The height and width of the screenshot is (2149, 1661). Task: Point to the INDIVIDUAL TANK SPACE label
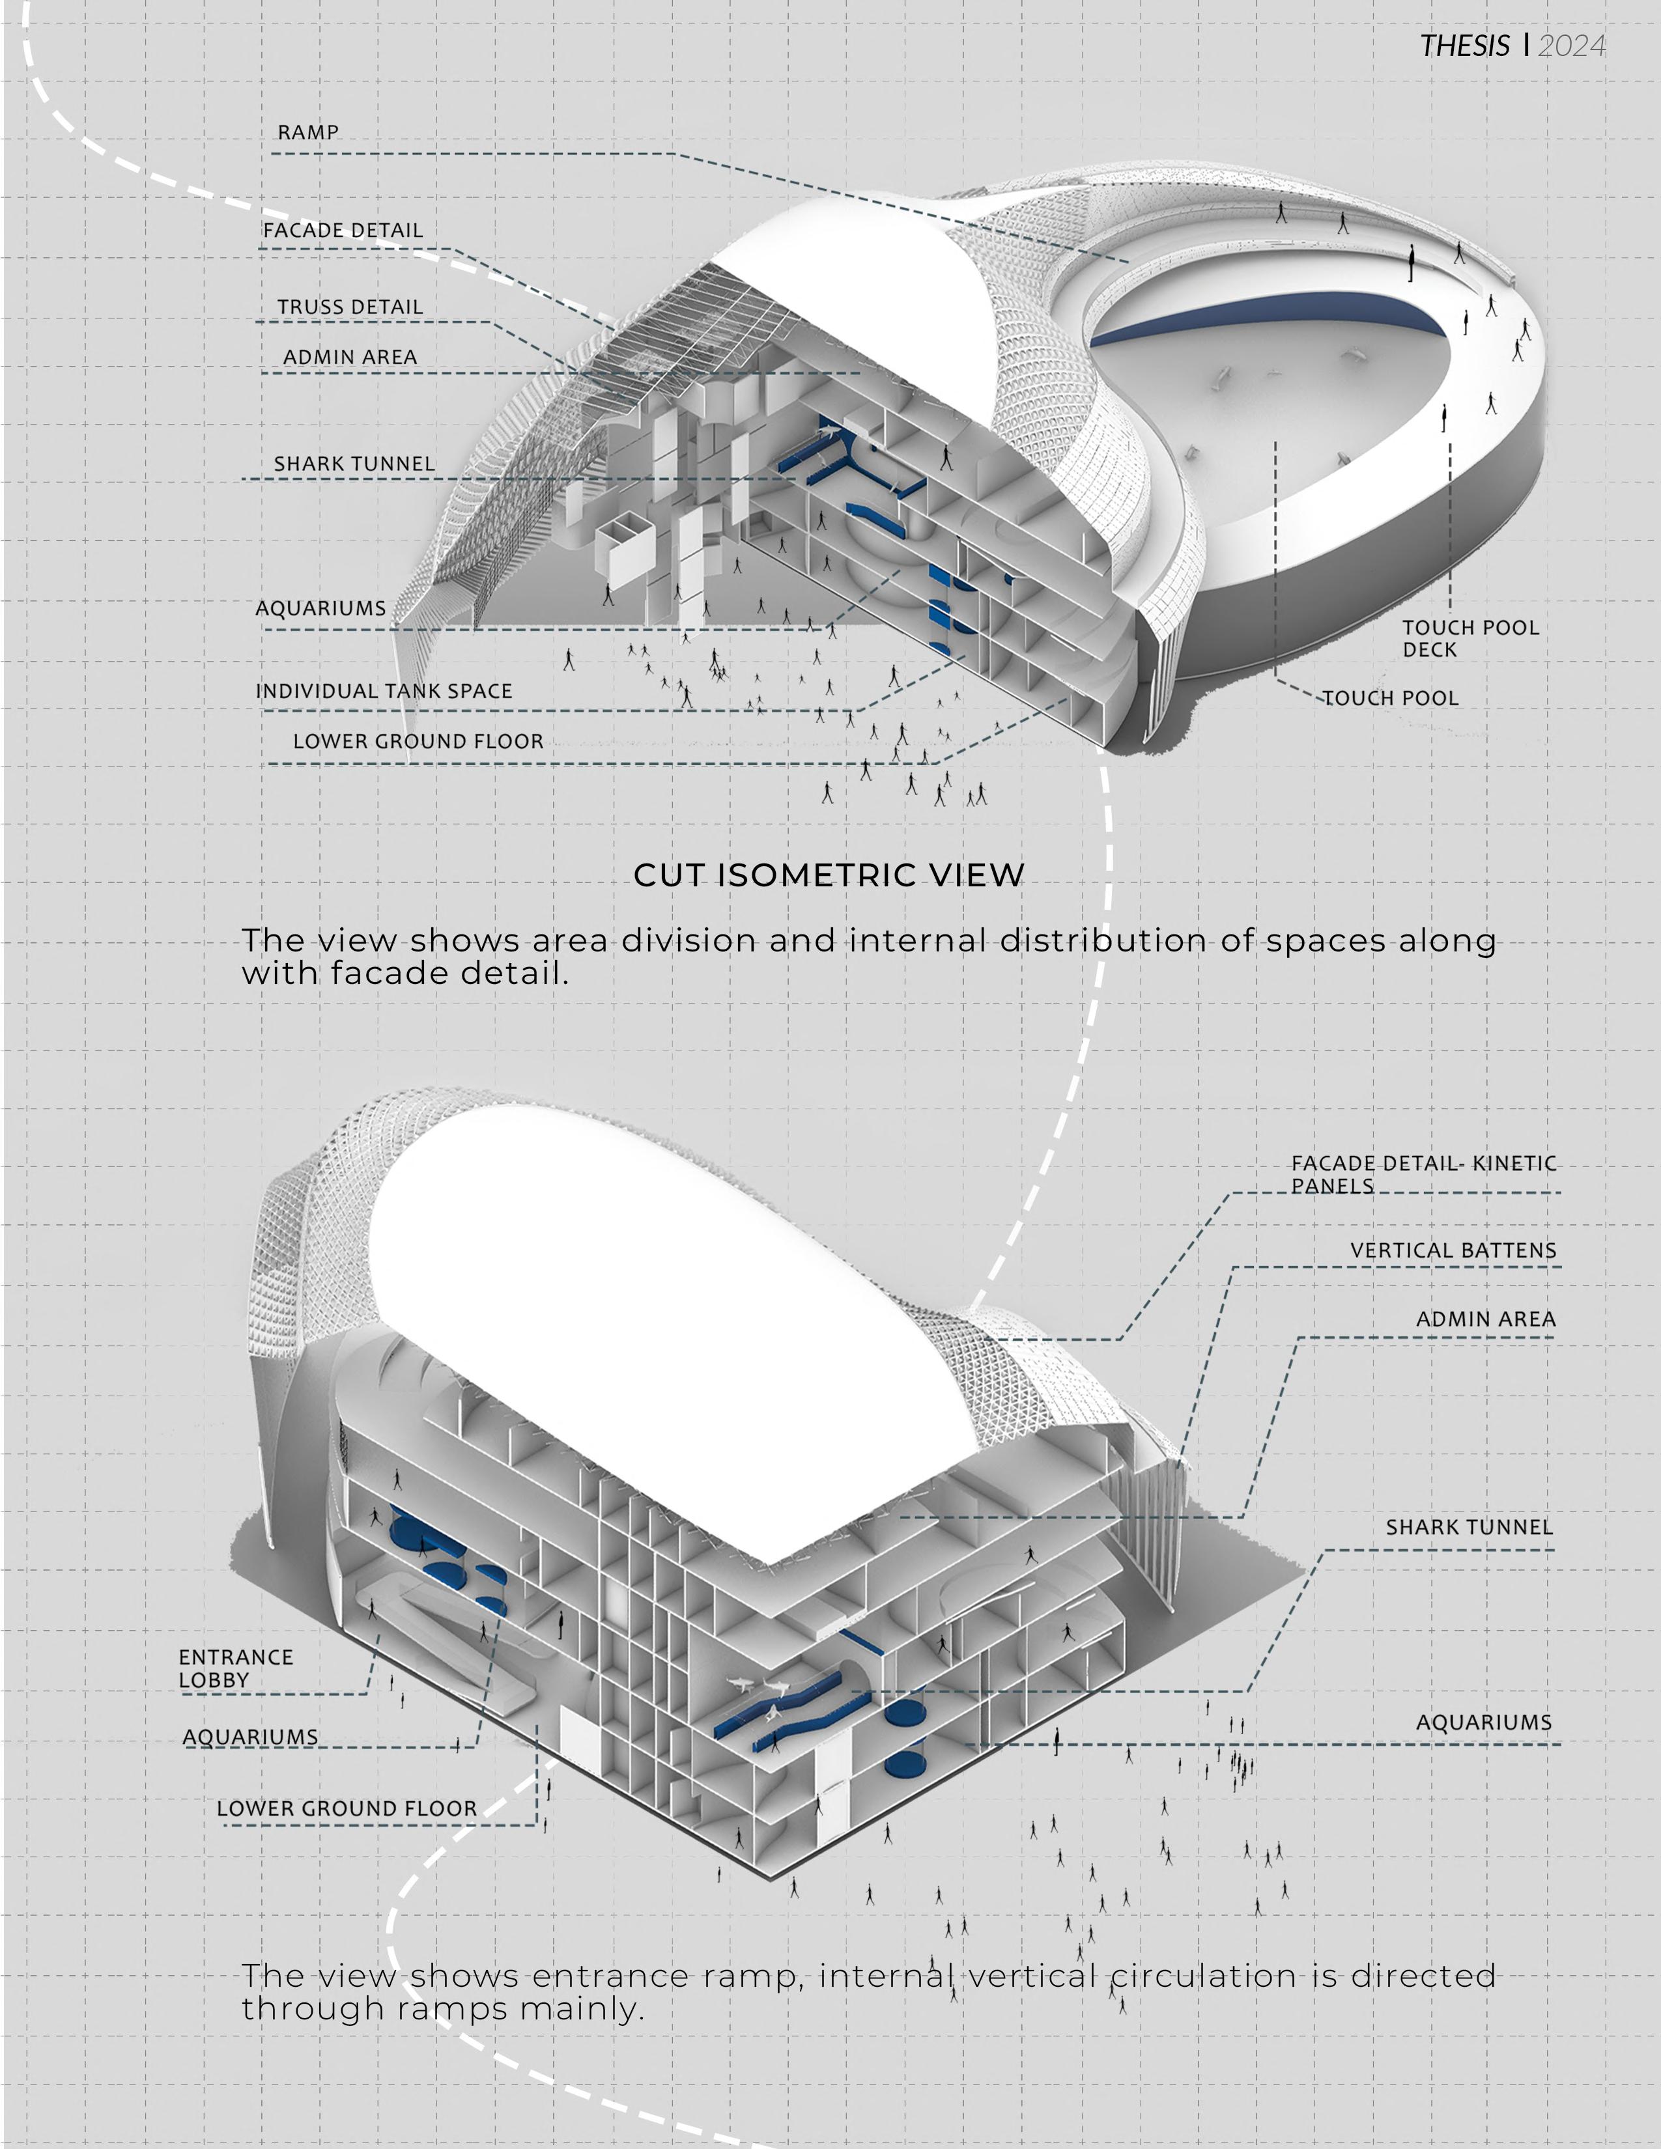point(384,691)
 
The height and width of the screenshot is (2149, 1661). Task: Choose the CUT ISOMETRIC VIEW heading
point(829,875)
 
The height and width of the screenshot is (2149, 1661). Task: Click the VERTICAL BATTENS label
point(1453,1250)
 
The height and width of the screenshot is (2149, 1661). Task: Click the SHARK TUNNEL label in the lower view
point(1468,1527)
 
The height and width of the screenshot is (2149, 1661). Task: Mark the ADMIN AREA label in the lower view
point(1485,1319)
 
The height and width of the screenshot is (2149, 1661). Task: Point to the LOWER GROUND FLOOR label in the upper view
point(418,741)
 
